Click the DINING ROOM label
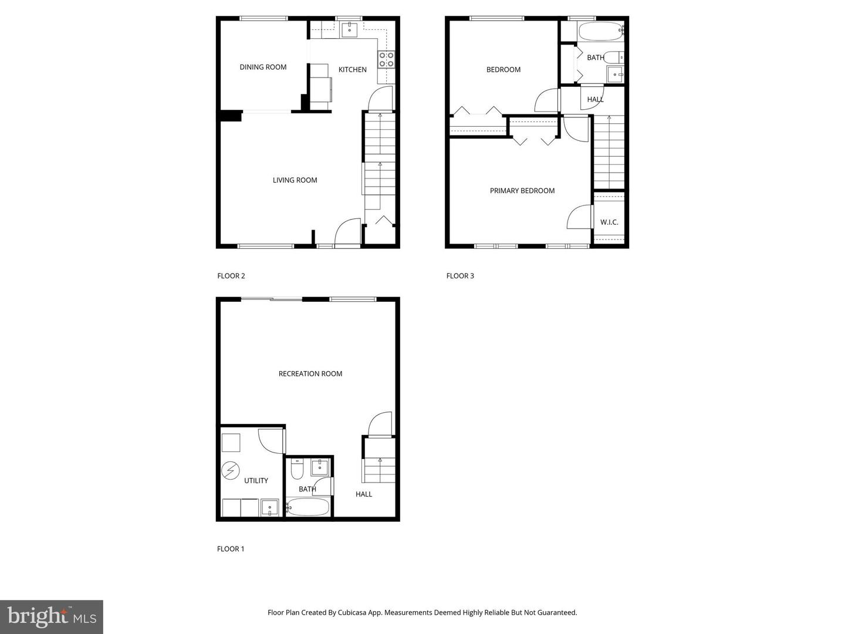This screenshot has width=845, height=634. click(263, 67)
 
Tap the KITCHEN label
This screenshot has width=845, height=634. click(352, 69)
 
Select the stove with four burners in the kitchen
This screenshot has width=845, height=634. click(386, 59)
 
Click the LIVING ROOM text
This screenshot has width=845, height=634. click(295, 180)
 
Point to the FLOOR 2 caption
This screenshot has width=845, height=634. click(231, 276)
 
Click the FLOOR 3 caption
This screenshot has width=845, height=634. click(460, 276)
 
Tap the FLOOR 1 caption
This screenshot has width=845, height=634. click(231, 549)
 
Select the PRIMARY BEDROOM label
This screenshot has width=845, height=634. click(522, 191)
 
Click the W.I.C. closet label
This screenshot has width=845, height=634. click(609, 222)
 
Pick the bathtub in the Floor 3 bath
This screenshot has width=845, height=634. click(600, 31)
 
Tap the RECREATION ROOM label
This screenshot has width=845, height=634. click(310, 374)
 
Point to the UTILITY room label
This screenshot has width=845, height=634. click(256, 481)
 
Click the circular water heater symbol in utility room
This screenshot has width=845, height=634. click(231, 471)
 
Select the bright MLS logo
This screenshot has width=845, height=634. click(52, 616)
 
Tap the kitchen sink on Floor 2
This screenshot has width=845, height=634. click(350, 30)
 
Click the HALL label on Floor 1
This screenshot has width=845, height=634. click(364, 494)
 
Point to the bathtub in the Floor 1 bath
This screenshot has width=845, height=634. click(308, 507)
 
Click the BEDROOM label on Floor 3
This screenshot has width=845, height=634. click(503, 69)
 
